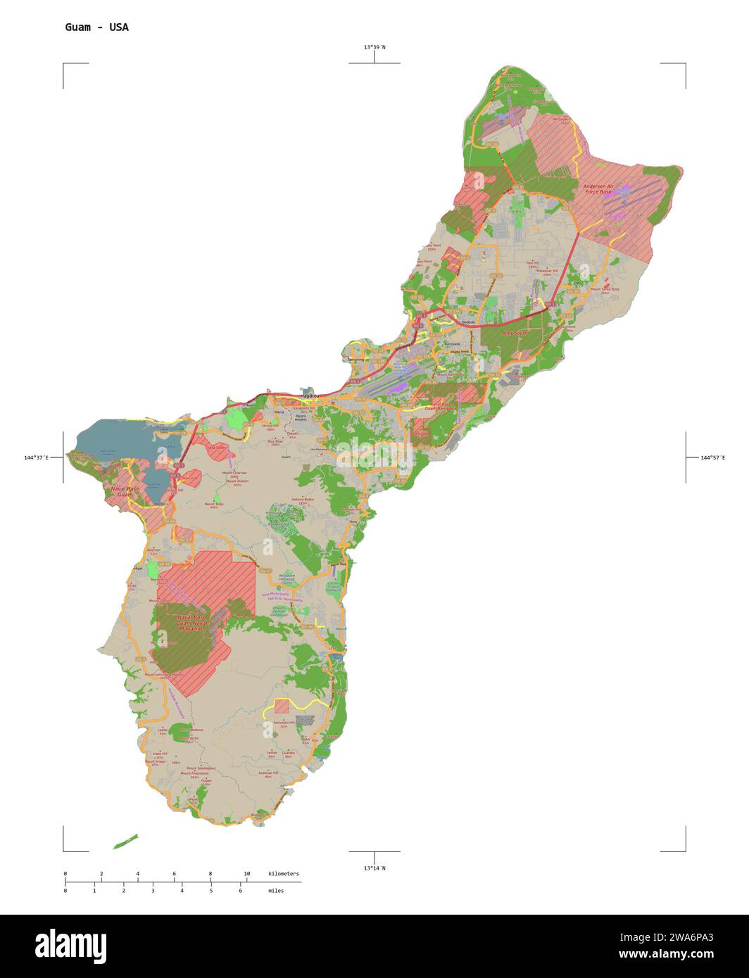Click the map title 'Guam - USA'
point(96,27)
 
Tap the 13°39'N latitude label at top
point(374,47)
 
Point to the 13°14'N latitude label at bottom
point(374,868)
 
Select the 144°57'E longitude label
point(712,458)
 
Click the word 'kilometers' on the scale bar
point(283,874)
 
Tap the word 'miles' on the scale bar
point(276,891)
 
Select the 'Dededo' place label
point(468,322)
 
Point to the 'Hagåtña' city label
point(310,396)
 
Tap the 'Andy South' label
point(514,332)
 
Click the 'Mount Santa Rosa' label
point(605,289)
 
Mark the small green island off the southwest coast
point(125,842)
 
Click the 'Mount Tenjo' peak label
point(214,504)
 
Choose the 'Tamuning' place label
point(356,359)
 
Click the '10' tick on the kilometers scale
point(246,874)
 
